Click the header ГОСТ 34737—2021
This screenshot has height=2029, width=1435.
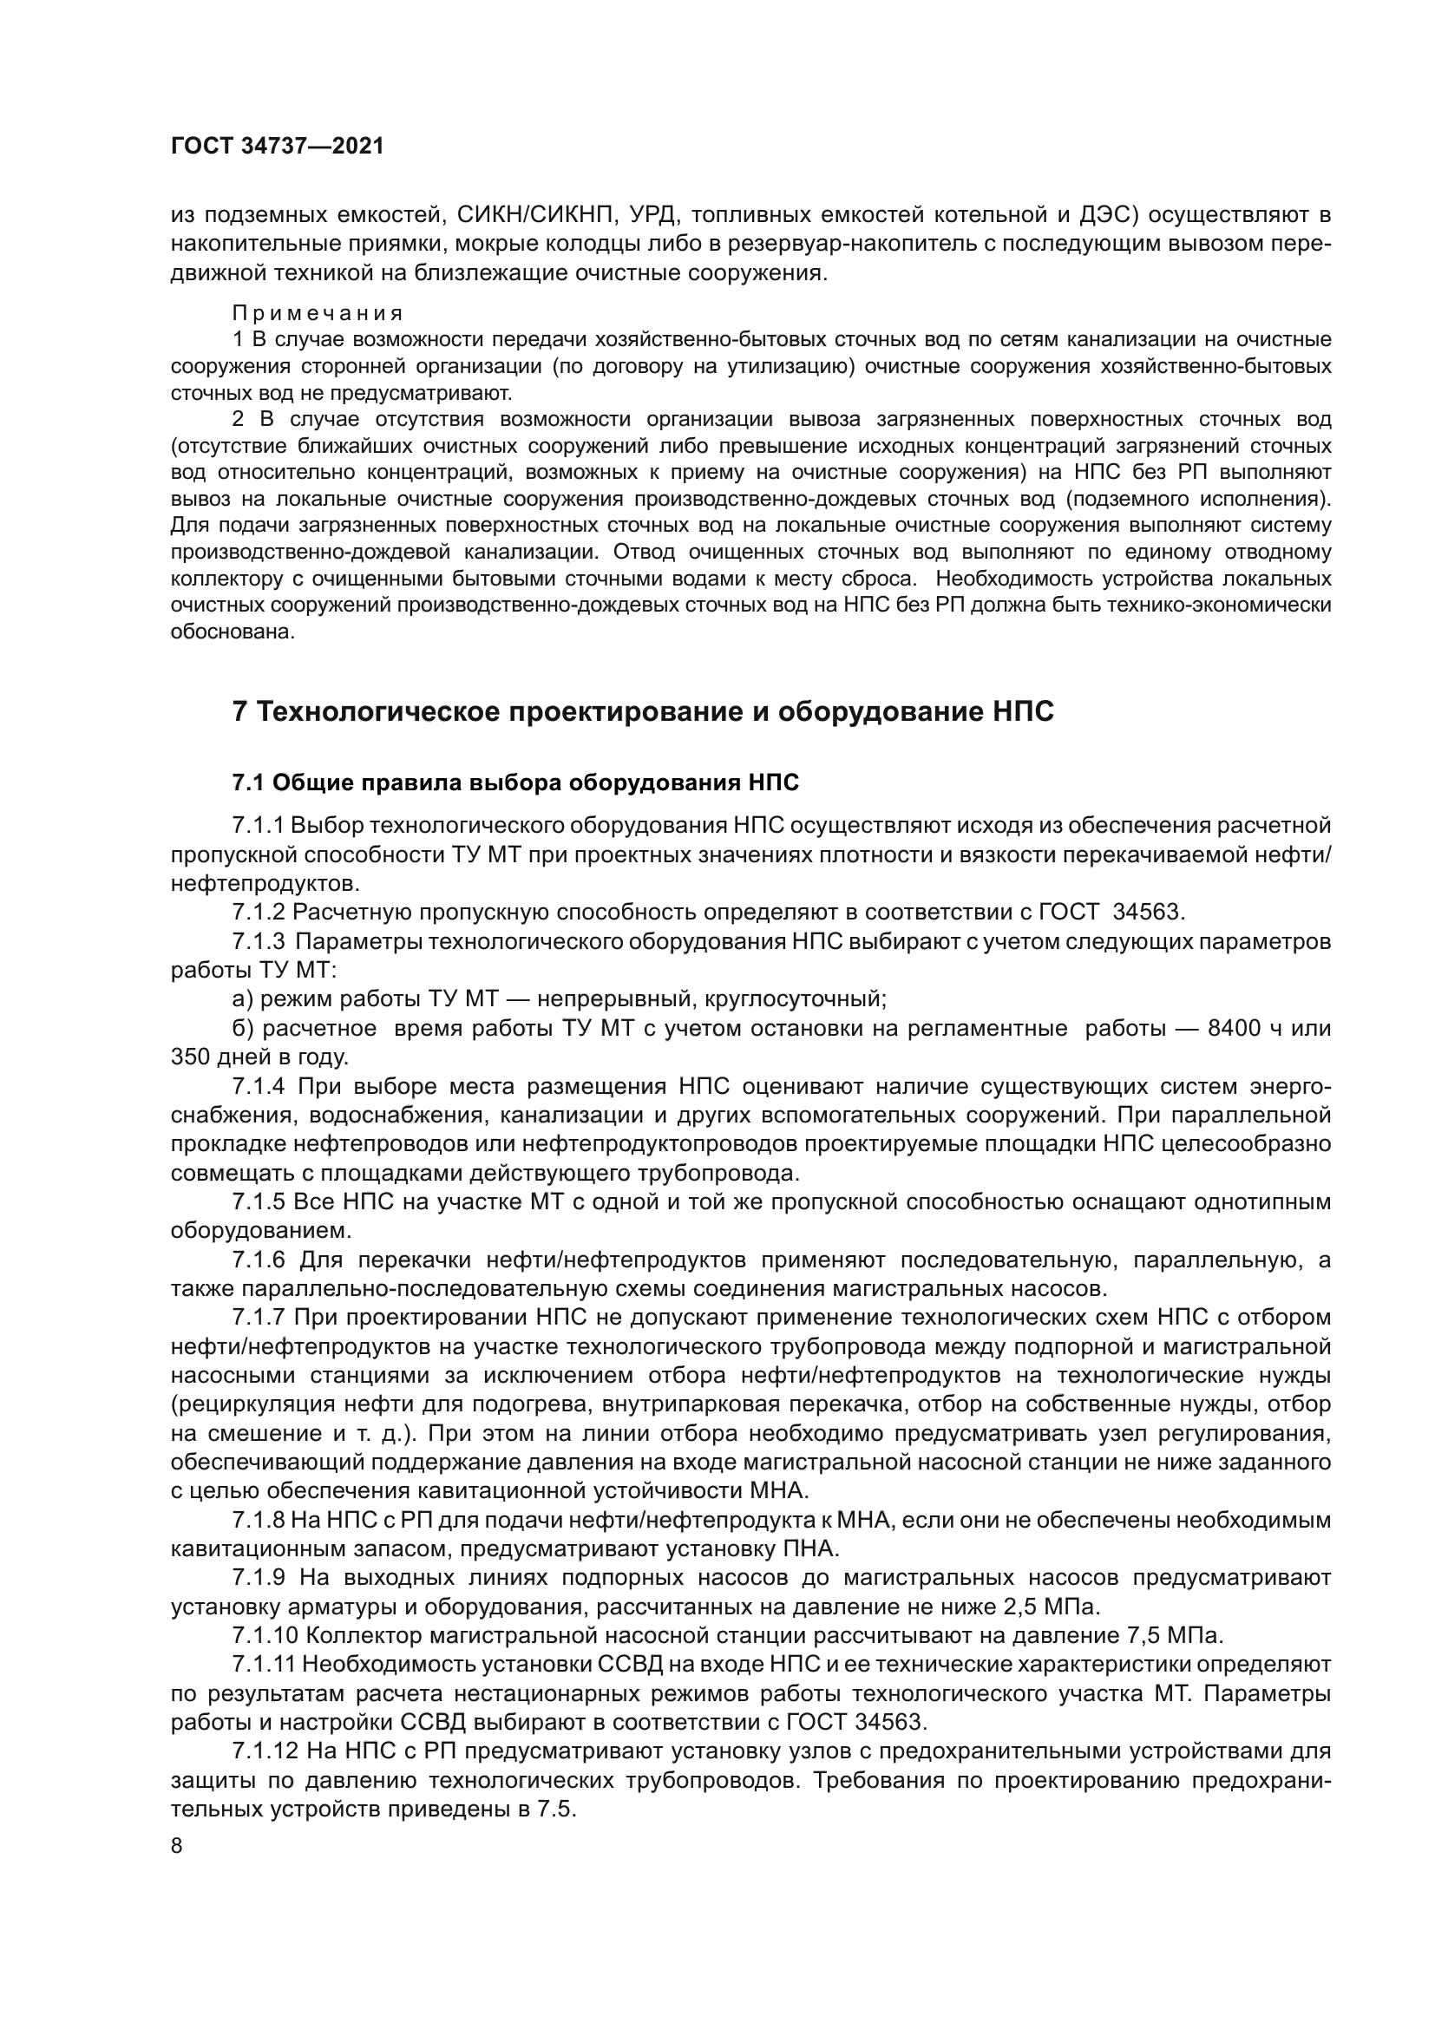pyautogui.click(x=278, y=147)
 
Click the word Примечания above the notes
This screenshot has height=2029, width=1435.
pyautogui.click(x=318, y=314)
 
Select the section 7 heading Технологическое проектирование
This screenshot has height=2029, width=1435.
pyautogui.click(x=642, y=711)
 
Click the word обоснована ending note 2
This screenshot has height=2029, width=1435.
pyautogui.click(x=231, y=633)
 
